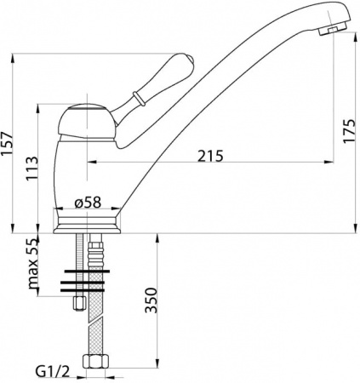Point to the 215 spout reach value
click(x=209, y=156)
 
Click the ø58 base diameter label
click(x=89, y=202)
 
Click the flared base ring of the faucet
click(x=89, y=224)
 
